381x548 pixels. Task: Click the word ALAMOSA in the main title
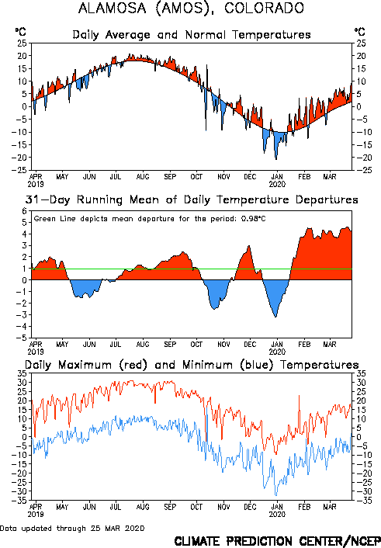(x=113, y=9)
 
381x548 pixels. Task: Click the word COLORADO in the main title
(x=265, y=9)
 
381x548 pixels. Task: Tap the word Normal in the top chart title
(x=206, y=35)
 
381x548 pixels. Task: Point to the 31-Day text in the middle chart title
(x=47, y=200)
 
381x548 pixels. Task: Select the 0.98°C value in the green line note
(x=254, y=219)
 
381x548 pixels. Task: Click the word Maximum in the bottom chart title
(x=85, y=365)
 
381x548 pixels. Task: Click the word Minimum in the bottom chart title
(x=207, y=365)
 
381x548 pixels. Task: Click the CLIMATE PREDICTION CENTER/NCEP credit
(x=277, y=541)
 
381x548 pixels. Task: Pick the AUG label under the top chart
(x=143, y=177)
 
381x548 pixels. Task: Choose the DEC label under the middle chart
(x=250, y=345)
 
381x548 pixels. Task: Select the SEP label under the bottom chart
(x=170, y=507)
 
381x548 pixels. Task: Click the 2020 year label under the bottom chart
(x=277, y=515)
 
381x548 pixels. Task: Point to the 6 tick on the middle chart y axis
(x=24, y=211)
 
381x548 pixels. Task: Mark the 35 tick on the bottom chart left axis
(x=23, y=373)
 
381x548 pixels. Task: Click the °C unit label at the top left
(x=21, y=32)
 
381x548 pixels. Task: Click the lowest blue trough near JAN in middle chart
(x=275, y=316)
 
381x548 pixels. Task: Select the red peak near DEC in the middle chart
(x=249, y=247)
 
